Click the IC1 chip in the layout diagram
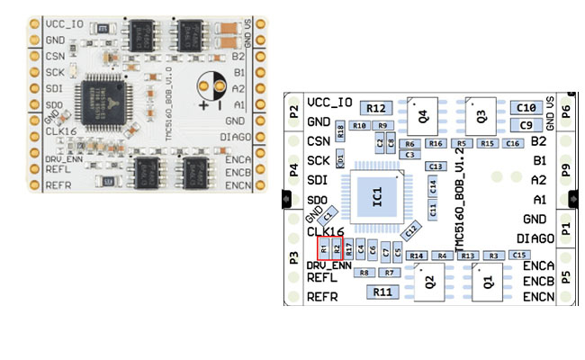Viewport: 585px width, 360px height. (x=378, y=193)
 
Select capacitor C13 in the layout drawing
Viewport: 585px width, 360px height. (x=436, y=166)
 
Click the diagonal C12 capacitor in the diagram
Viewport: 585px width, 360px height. (x=410, y=231)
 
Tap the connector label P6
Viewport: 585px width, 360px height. (x=565, y=112)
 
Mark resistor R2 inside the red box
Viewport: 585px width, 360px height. (x=337, y=247)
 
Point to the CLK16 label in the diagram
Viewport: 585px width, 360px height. (x=327, y=232)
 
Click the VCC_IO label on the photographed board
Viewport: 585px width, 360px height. (x=66, y=22)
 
